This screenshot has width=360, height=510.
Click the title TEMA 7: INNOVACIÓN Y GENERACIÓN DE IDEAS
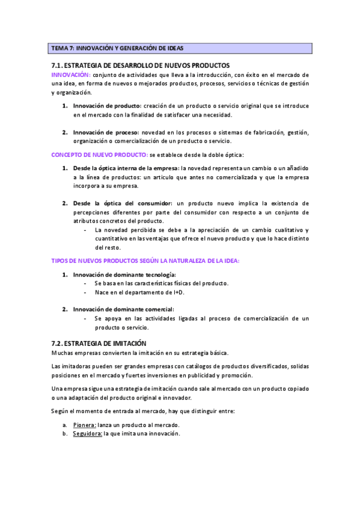click(x=118, y=48)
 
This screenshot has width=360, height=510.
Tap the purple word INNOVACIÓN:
click(x=71, y=74)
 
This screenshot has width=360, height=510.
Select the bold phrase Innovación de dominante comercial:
click(x=119, y=309)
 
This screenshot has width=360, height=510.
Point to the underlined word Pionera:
click(x=85, y=425)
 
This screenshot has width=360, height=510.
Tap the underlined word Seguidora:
click(x=88, y=434)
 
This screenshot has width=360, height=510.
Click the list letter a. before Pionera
click(x=64, y=425)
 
